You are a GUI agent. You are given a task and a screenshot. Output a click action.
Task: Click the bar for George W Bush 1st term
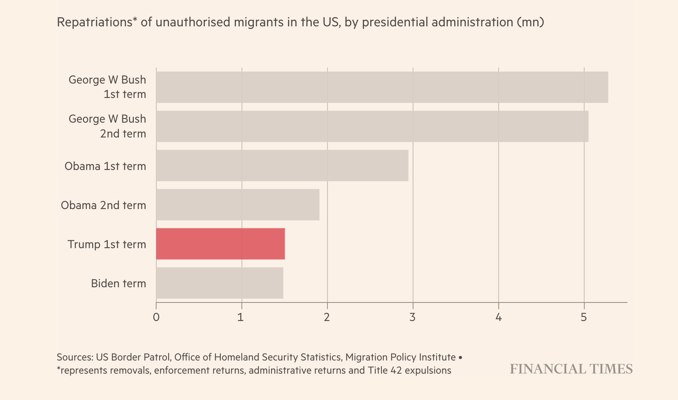tap(382, 87)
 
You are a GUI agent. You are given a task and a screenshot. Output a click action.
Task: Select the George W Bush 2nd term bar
tap(372, 126)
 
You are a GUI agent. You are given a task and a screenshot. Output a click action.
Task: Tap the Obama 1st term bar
tap(282, 165)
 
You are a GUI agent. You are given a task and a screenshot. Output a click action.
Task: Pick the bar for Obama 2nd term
tap(238, 205)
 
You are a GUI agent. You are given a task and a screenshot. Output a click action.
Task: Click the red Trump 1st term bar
tap(221, 244)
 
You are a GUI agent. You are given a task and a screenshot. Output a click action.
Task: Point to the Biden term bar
tap(220, 283)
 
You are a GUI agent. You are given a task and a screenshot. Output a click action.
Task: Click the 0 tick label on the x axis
tap(156, 317)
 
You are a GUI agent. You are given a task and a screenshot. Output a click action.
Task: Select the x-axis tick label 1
tap(241, 317)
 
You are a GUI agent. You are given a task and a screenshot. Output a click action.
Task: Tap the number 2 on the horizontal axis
tap(327, 317)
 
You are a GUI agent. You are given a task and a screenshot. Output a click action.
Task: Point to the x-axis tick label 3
tap(413, 317)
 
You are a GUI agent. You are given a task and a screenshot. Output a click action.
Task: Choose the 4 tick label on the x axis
tap(498, 317)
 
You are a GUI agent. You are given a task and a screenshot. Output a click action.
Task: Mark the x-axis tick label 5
tap(583, 317)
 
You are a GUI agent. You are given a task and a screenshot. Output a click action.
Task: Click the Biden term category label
tap(118, 284)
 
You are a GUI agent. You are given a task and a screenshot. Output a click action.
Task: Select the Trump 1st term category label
tap(107, 244)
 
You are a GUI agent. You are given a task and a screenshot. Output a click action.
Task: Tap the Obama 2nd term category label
tap(104, 205)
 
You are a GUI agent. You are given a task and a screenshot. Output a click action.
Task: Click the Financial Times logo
tap(571, 369)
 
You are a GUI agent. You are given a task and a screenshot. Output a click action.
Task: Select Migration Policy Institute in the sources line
tap(400, 357)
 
